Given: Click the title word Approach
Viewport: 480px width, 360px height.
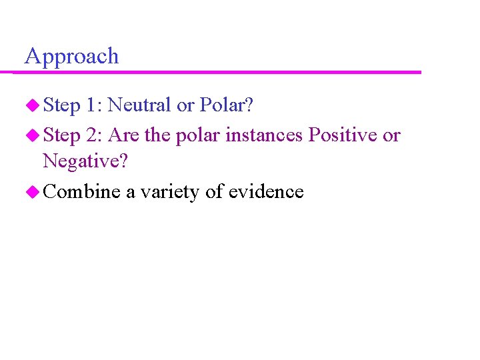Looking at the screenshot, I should (71, 57).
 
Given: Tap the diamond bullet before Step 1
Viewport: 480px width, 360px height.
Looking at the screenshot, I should (33, 105).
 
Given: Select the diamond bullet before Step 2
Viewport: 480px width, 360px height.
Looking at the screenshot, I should (33, 136).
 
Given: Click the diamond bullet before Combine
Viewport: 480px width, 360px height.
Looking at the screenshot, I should (33, 193).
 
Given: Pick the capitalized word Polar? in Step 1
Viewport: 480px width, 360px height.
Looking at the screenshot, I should (227, 105).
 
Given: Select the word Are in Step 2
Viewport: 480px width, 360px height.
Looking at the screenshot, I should (123, 136).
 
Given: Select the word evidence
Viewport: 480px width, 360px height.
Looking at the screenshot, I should (266, 193).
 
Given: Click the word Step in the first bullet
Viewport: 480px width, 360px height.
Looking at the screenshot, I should (61, 105).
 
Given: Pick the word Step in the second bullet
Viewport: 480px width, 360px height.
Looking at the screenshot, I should (61, 136).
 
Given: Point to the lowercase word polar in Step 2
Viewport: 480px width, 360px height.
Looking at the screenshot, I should (198, 136).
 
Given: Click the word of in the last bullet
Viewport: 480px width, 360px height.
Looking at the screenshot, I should (214, 193).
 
